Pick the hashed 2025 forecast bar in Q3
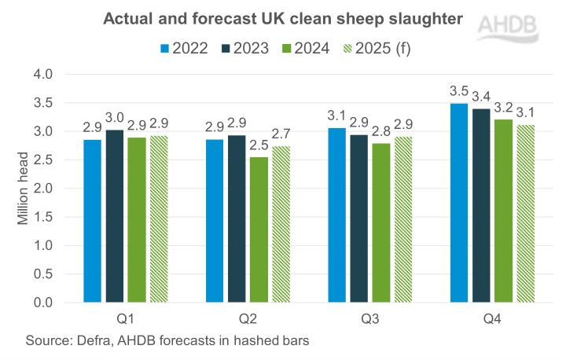pyautogui.click(x=402, y=219)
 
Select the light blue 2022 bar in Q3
pyautogui.click(x=336, y=215)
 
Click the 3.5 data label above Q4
pyautogui.click(x=458, y=88)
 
